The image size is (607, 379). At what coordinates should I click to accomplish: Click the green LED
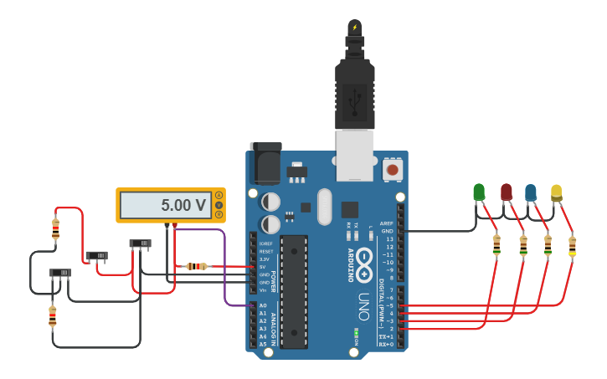pyautogui.click(x=479, y=192)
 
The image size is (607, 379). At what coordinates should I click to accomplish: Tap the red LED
pyautogui.click(x=506, y=192)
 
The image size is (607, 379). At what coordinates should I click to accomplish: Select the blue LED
pyautogui.click(x=531, y=192)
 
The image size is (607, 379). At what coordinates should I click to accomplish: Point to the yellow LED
pyautogui.click(x=557, y=192)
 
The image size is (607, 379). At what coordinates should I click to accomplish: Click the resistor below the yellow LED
pyautogui.click(x=573, y=246)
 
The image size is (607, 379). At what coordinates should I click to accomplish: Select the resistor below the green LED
pyautogui.click(x=496, y=245)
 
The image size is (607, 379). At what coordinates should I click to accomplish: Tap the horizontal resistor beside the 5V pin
pyautogui.click(x=196, y=266)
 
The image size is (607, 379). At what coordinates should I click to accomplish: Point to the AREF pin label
pyautogui.click(x=386, y=223)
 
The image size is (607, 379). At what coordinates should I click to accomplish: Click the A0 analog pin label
pyautogui.click(x=262, y=305)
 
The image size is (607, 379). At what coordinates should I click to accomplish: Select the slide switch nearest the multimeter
pyautogui.click(x=140, y=243)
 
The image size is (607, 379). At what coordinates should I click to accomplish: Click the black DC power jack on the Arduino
pyautogui.click(x=266, y=163)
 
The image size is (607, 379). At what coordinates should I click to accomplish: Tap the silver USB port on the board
pyautogui.click(x=355, y=155)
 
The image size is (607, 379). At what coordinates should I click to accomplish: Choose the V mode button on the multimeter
pyautogui.click(x=219, y=205)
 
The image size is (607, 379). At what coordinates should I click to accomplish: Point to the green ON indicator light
pyautogui.click(x=356, y=332)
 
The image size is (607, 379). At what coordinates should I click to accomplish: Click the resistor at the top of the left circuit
pyautogui.click(x=55, y=228)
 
